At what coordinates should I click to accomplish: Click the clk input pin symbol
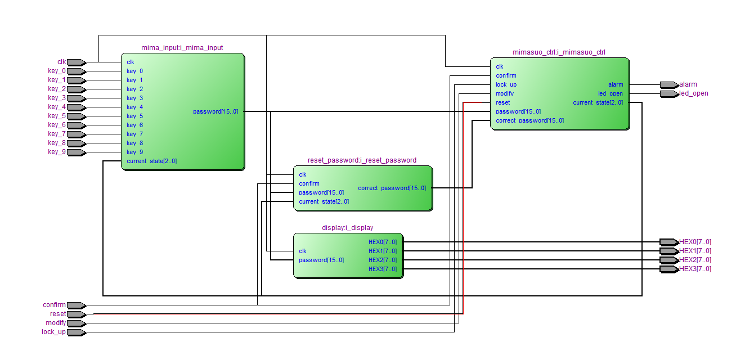77,62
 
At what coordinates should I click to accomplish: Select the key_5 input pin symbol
77,116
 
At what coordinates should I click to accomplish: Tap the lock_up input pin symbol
77,332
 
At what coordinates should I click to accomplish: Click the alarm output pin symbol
670,85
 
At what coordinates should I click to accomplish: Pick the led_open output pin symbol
670,94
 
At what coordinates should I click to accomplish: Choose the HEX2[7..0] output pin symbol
670,260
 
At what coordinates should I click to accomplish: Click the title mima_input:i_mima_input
182,48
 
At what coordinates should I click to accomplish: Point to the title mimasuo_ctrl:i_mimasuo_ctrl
559,52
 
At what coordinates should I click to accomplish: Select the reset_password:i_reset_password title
362,160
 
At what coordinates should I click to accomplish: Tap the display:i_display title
347,228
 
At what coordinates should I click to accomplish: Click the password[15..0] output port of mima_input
216,111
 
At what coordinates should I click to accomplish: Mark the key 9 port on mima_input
134,152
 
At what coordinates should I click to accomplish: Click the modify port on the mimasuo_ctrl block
505,93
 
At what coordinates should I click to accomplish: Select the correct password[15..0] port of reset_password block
392,188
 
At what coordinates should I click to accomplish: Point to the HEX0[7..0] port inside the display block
383,242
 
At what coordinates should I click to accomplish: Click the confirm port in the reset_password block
309,184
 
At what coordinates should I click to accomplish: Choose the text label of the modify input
56,323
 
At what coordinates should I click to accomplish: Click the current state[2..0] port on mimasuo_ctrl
598,102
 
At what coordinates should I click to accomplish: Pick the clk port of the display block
303,251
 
